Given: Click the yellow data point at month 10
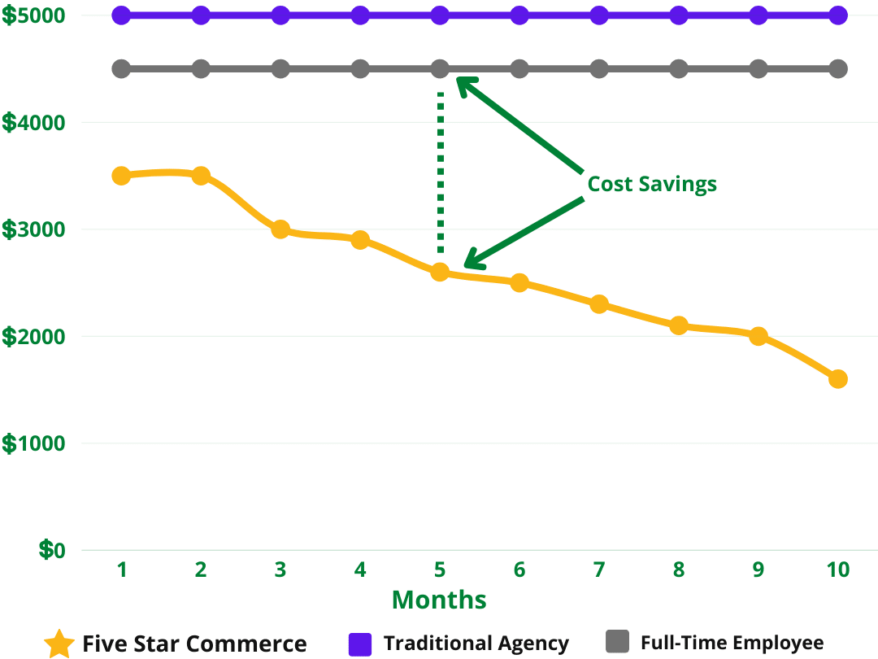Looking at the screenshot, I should click(837, 379).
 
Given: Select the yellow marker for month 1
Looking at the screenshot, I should click(121, 175).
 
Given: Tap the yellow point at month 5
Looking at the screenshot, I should click(440, 272).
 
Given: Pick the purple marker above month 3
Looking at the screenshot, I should click(280, 15).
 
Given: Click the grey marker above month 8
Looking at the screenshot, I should click(679, 68).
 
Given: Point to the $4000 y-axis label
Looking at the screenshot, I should click(33, 123).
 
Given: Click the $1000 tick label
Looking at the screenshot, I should click(33, 444).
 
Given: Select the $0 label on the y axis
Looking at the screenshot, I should click(52, 551).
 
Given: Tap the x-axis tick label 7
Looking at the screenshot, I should click(598, 570).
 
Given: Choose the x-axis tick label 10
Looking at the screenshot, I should click(837, 570).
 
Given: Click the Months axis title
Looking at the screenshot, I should click(439, 600).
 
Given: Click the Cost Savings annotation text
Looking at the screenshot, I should click(652, 184).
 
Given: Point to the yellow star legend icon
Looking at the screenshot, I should click(59, 644).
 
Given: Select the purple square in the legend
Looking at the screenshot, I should click(359, 644).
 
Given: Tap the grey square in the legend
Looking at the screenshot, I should click(618, 642).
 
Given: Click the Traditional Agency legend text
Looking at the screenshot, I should click(476, 644).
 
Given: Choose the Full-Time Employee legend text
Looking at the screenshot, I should click(732, 643).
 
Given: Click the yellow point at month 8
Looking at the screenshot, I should click(679, 325).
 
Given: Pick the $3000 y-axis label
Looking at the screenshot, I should click(33, 230).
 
